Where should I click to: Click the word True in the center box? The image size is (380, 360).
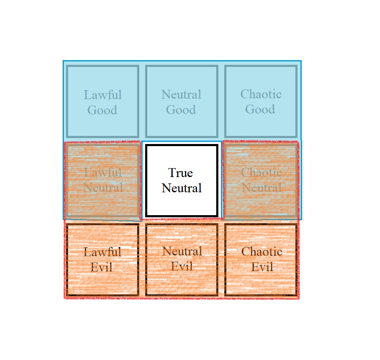point(180,173)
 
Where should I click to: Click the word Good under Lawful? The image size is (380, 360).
point(102,110)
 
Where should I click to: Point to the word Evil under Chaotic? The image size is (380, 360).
point(262,267)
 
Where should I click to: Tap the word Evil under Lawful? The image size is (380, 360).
point(102,267)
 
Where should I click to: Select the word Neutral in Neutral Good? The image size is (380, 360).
point(181,94)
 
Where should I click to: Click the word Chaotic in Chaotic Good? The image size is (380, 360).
point(261,94)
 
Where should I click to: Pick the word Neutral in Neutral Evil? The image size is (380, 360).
point(182,251)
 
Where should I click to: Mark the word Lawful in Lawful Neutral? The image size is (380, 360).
point(103,172)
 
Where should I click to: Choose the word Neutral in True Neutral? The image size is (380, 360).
point(182,188)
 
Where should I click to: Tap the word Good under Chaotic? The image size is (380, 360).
point(260,109)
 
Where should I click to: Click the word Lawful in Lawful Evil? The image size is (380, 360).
point(102,252)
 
